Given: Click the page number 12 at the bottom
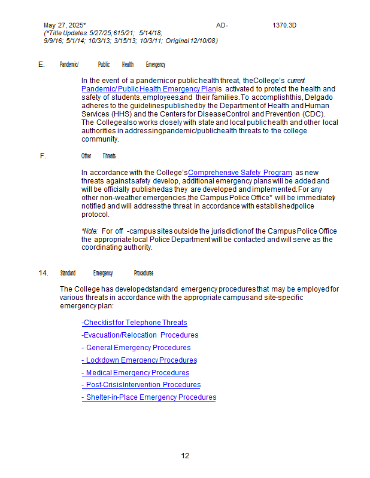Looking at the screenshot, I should tap(185, 456).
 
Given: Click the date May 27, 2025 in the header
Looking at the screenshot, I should tap(65, 26).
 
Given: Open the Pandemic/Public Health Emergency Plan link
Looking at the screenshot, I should tap(148, 88).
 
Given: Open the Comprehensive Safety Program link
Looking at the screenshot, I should tap(240, 172).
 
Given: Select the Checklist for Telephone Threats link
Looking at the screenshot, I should tap(134, 323).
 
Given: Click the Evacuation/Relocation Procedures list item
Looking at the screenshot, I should tap(140, 335).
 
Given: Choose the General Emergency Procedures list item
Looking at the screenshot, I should tap(136, 348).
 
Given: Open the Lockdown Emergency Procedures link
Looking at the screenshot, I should tap(139, 360).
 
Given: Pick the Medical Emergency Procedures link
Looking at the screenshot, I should tap(135, 373).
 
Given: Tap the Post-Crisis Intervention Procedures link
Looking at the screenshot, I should tap(141, 385).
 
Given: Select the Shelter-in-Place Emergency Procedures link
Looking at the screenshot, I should tap(148, 397).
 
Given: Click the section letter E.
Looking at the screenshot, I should tap(41, 65).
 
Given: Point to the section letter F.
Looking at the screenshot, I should tap(43, 156).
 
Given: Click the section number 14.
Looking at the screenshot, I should tap(44, 273).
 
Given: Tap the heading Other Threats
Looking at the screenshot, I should tap(98, 156).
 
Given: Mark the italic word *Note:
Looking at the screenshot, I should tap(90, 231).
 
